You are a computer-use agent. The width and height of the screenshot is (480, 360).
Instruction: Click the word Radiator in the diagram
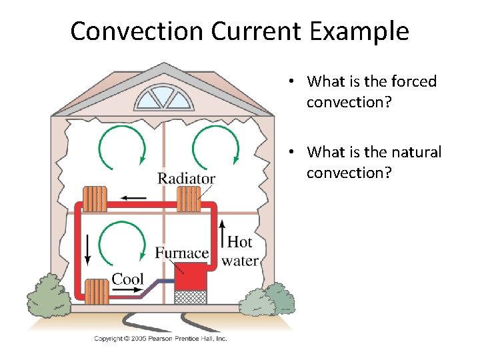186,178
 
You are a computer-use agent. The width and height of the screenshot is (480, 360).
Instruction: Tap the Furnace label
182,253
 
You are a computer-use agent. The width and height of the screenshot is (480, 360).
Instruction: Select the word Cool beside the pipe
127,278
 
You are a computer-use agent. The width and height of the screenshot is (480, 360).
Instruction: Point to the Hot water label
240,251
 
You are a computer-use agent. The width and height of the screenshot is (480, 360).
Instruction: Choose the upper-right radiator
189,198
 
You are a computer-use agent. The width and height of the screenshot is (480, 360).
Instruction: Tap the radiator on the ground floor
97,291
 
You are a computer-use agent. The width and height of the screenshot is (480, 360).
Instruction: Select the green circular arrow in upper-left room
122,145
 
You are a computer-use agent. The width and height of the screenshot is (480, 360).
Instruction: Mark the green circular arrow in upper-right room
215,145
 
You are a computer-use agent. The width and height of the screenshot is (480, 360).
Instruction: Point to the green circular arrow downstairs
122,243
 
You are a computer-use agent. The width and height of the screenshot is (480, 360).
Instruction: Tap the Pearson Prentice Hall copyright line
160,339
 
